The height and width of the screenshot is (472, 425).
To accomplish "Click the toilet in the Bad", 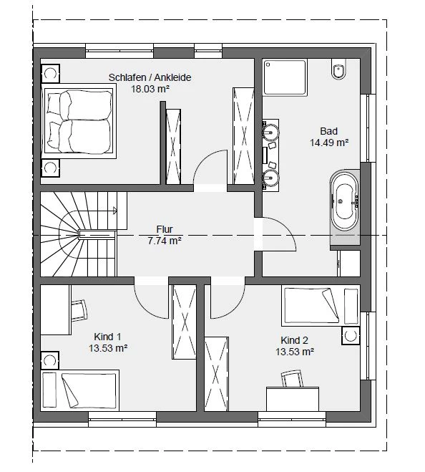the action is [339, 69].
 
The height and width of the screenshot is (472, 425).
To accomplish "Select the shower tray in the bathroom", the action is [285, 77].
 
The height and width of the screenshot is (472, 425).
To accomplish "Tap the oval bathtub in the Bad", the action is [345, 201].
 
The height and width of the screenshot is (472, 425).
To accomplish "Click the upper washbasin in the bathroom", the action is [271, 133].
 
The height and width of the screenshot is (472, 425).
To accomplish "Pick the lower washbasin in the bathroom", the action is [271, 178].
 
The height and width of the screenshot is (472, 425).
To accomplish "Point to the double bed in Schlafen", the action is [79, 121].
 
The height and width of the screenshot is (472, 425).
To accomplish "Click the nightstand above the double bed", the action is [50, 74].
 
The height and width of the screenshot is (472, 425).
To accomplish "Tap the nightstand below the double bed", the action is [50, 168].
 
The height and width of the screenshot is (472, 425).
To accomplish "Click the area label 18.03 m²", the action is [150, 89].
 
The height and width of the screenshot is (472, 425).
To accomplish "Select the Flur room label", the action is [165, 229].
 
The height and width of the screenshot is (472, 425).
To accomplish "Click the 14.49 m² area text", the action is [329, 143].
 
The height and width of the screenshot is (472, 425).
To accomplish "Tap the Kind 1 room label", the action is [107, 337].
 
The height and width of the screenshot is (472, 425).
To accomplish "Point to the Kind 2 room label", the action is [295, 340].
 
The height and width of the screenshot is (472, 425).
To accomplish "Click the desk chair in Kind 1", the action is [79, 311].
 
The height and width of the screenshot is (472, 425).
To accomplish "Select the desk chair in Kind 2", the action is [292, 378].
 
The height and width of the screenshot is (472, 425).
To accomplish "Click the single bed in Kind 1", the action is [79, 390].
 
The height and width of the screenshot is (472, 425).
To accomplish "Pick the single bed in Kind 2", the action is [321, 306].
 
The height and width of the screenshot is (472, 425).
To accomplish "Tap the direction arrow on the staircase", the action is [114, 211].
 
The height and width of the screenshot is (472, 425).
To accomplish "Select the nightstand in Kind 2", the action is [351, 336].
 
